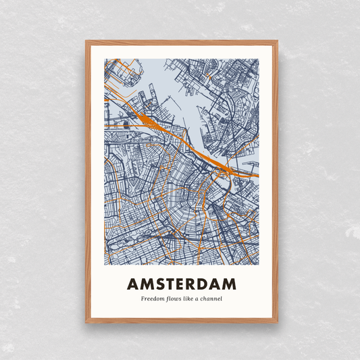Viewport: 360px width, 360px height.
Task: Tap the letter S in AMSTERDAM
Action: click(157, 284)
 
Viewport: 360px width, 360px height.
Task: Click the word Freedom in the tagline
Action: click(152, 299)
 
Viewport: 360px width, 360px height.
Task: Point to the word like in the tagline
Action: click(192, 299)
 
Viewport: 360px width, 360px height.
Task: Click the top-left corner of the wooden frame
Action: click(86, 42)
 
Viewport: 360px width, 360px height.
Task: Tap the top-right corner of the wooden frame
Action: click(277, 42)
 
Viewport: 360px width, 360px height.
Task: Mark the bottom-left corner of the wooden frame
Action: click(86, 322)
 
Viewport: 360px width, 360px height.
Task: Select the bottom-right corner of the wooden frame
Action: click(277, 322)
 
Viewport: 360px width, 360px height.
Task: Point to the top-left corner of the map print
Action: click(105, 59)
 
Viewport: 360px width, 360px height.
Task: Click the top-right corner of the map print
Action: click(259, 59)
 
